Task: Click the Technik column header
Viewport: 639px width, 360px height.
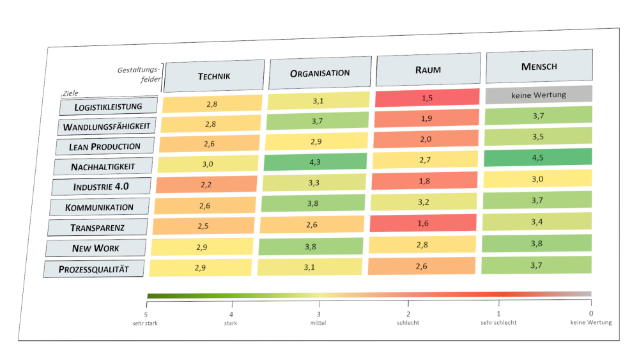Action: coord(214,76)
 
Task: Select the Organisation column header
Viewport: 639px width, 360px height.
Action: coord(320,74)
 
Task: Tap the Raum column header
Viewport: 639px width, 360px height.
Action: coord(428,70)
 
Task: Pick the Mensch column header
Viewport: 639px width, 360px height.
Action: coord(539,67)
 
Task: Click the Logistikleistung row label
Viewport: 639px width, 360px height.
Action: coord(109,107)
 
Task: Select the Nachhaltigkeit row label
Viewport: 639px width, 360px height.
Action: coord(104,167)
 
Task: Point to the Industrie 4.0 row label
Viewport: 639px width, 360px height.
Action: coord(102,187)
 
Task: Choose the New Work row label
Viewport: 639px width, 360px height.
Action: coord(96,248)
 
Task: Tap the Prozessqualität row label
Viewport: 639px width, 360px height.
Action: coord(94,269)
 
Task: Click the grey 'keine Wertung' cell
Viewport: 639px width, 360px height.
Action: coord(539,95)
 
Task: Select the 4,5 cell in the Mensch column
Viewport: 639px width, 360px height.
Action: coord(538,157)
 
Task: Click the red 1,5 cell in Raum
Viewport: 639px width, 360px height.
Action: coord(427,98)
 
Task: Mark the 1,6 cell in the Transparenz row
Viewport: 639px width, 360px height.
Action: coord(424,223)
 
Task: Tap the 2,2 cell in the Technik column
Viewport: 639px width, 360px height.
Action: coord(206,185)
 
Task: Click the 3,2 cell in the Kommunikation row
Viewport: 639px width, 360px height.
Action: coord(424,202)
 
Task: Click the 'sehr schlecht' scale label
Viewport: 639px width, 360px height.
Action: coord(498,322)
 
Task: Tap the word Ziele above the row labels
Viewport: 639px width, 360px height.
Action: coord(70,93)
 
